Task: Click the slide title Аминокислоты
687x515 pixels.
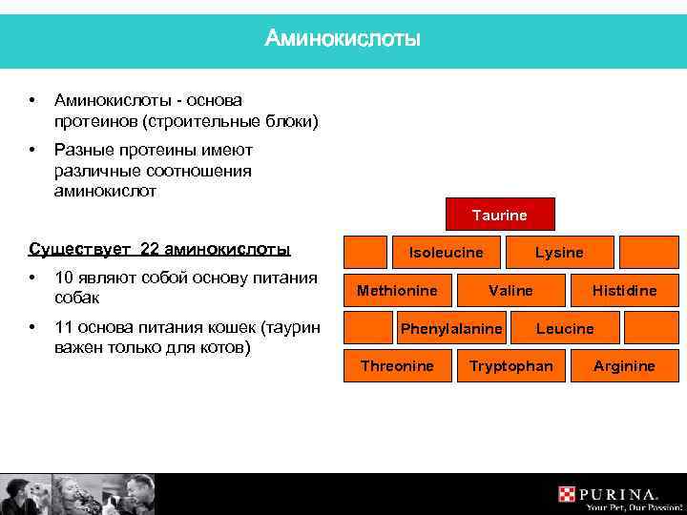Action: pos(343,38)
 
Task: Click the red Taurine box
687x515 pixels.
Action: pos(499,216)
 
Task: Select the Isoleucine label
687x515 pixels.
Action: pos(446,253)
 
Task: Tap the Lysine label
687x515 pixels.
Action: pos(559,253)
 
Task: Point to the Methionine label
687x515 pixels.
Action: pos(397,290)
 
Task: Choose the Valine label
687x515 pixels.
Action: pos(510,290)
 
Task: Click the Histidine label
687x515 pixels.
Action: pos(624,290)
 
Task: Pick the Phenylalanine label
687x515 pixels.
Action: pos(451,328)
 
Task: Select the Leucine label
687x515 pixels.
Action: pos(565,328)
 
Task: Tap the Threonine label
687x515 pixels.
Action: pos(397,366)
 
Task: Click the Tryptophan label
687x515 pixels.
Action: pos(510,366)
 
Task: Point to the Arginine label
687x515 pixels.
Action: pos(624,366)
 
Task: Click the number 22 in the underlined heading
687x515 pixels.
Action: pos(149,250)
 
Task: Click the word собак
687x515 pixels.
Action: pos(78,298)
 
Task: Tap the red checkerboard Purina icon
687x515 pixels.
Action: pos(569,495)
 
